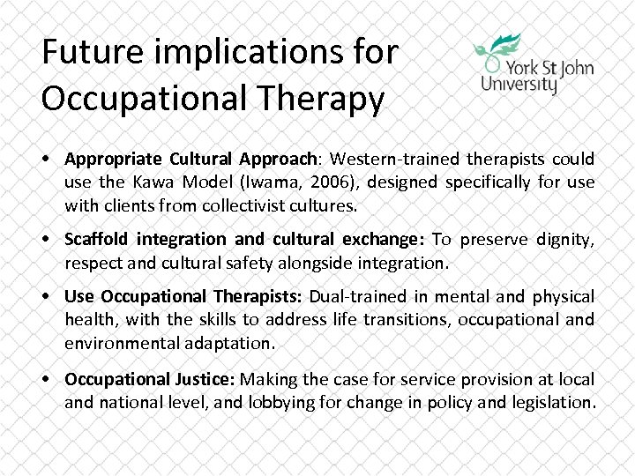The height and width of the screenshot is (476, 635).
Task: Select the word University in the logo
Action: click(519, 85)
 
